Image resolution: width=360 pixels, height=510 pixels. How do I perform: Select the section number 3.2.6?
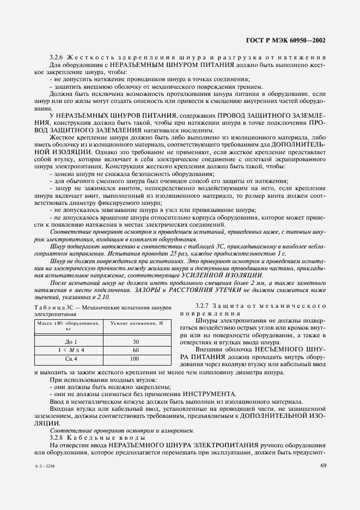click(57, 57)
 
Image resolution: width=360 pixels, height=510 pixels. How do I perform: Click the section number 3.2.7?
click(204, 306)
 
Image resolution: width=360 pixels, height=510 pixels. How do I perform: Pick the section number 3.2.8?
click(57, 438)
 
